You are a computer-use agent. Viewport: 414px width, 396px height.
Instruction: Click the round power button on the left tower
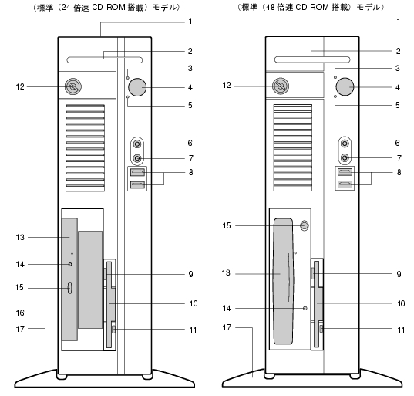click(137, 87)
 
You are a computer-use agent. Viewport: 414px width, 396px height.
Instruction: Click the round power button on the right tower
click(345, 86)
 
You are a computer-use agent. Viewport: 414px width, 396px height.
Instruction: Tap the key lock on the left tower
click(73, 86)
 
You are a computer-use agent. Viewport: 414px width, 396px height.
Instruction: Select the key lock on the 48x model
click(281, 86)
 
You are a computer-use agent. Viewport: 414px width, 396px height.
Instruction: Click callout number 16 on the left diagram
click(20, 313)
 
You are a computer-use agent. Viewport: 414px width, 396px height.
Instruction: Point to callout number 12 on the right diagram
click(227, 86)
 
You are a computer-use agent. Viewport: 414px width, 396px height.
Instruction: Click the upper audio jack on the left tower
click(137, 144)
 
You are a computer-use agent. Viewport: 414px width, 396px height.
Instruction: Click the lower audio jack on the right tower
click(345, 158)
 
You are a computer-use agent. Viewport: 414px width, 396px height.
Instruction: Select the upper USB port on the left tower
click(137, 172)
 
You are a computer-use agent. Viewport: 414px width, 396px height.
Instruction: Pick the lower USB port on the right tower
click(345, 184)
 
